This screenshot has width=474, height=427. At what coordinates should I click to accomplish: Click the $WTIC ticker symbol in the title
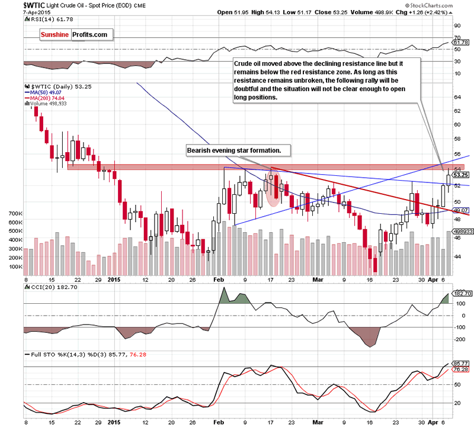pos(13,4)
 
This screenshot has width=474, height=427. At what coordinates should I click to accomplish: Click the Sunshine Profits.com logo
pos(75,35)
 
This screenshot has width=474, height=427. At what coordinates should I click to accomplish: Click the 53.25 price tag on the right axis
pos(462,175)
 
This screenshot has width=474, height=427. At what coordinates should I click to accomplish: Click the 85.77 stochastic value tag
pos(461,363)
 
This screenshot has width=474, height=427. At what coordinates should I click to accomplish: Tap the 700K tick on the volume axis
pos(13,213)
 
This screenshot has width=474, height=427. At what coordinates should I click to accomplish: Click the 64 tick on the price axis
pos(457,97)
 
